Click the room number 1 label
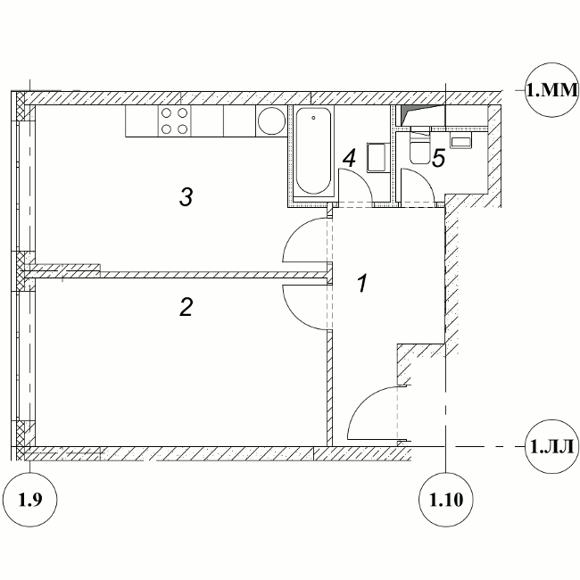(x=362, y=283)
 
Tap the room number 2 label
(x=186, y=307)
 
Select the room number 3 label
(x=186, y=197)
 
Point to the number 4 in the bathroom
(x=349, y=158)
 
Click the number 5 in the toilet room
(x=439, y=158)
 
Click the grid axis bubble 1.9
(x=30, y=500)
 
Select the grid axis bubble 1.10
(x=446, y=500)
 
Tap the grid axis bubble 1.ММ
(x=551, y=90)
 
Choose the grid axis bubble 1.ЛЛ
(x=551, y=446)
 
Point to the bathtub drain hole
(x=313, y=118)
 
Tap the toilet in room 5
(x=420, y=147)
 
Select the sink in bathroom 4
(x=377, y=158)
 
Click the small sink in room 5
(x=460, y=141)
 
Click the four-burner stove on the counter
(x=175, y=120)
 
